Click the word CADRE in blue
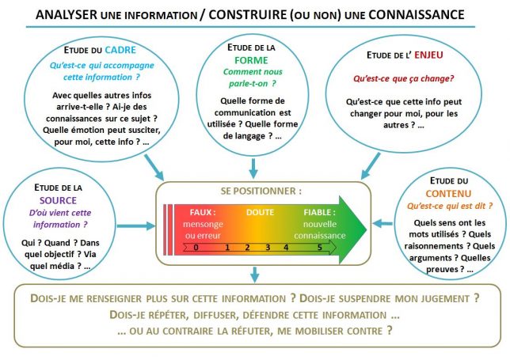(120, 50)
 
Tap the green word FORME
(251, 60)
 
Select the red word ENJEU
(428, 55)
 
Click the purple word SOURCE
(59, 200)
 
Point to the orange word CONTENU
(448, 194)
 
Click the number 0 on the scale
(196, 248)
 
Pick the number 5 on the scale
(320, 248)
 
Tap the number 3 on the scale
(268, 248)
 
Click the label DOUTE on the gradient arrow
(261, 213)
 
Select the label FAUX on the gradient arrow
(201, 213)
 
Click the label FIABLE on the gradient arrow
(318, 213)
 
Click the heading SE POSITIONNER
(259, 191)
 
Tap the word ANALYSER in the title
(67, 15)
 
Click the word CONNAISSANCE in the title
(417, 15)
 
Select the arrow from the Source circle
(136, 226)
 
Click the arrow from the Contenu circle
(382, 224)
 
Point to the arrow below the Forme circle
(253, 169)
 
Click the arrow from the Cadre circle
(154, 167)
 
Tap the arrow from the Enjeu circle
(371, 166)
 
